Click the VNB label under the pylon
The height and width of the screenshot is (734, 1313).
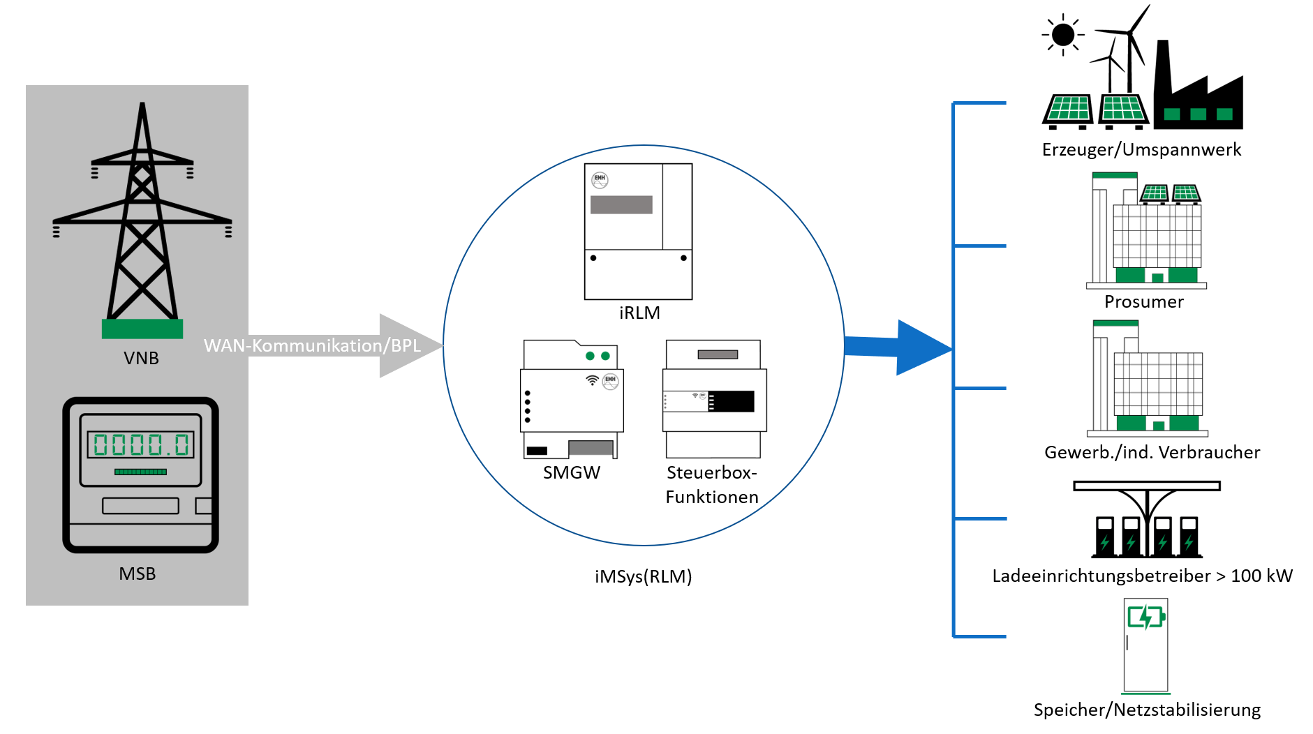click(141, 358)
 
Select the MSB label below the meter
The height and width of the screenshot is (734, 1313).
click(138, 574)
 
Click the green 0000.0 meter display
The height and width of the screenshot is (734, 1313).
click(141, 444)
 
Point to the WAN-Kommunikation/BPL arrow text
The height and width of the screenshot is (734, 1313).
click(312, 345)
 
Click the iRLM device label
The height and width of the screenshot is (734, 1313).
click(639, 313)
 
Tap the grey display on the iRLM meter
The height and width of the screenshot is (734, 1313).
click(621, 204)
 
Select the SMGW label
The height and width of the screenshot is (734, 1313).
click(572, 472)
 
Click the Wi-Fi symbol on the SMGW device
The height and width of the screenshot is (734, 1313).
click(592, 380)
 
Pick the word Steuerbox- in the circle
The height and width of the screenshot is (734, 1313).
click(711, 472)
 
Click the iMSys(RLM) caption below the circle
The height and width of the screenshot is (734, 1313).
click(643, 576)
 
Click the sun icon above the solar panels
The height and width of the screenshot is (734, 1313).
click(1063, 34)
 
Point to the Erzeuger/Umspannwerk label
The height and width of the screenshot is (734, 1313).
click(1141, 149)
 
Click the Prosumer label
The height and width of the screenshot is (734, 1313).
click(1143, 301)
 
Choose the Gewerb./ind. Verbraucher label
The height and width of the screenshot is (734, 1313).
click(1152, 452)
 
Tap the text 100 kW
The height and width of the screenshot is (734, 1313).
click(1261, 576)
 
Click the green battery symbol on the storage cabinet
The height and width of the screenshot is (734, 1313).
click(1145, 617)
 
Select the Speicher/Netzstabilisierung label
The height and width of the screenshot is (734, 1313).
click(1147, 710)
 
